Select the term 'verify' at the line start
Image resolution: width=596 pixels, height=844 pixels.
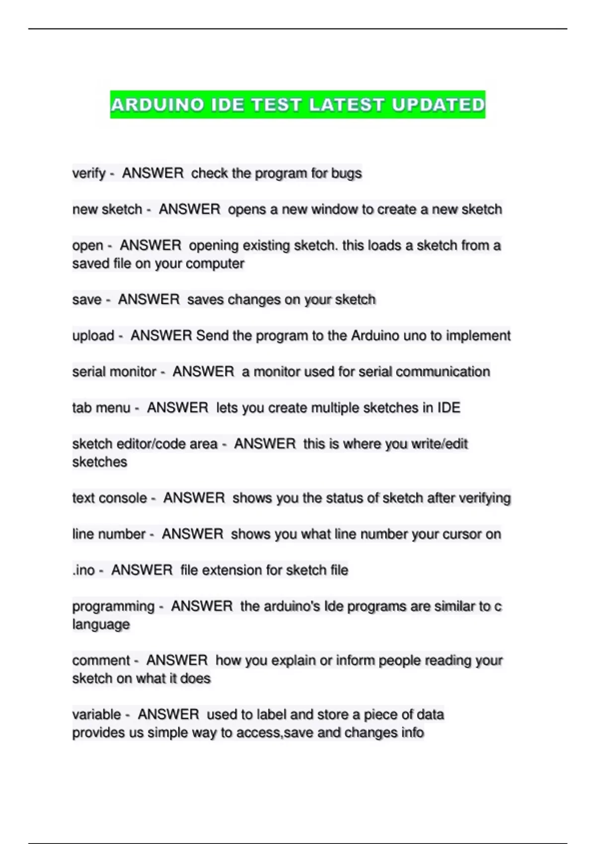[x=89, y=173]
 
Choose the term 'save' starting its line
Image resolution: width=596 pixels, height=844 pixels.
[x=87, y=300]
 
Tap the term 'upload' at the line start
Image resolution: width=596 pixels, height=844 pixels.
[x=93, y=336]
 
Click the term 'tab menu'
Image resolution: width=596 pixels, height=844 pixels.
[x=101, y=408]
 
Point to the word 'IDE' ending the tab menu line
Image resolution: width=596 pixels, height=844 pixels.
[x=448, y=408]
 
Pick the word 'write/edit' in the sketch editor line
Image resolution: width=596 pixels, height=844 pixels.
[x=440, y=444]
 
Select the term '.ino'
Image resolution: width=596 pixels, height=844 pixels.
[x=83, y=570]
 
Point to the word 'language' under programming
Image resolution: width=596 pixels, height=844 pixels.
[x=101, y=625]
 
